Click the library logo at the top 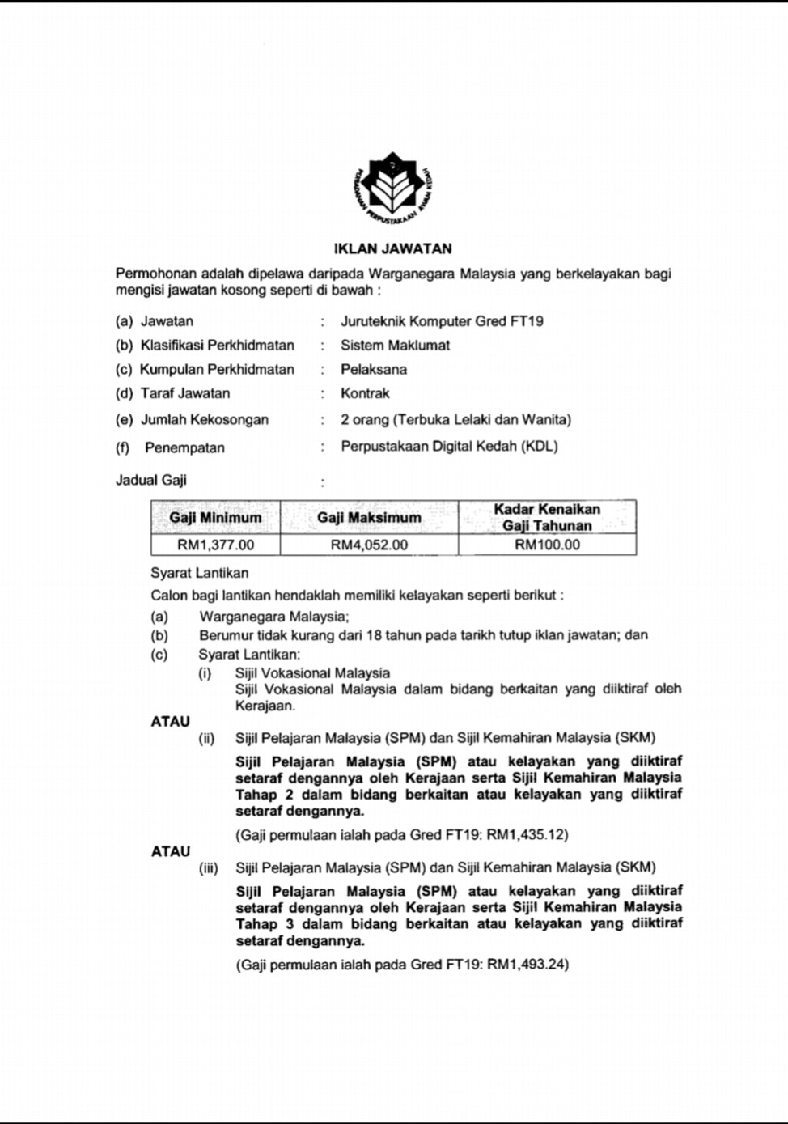click(x=393, y=189)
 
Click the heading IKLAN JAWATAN click(x=393, y=248)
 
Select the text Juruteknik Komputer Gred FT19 click(x=442, y=321)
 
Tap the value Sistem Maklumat click(x=395, y=346)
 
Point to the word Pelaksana click(x=373, y=370)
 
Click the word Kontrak click(x=365, y=394)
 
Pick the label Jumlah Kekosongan click(x=204, y=420)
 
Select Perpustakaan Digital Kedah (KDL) click(x=449, y=447)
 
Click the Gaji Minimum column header click(x=215, y=518)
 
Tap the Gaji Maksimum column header click(x=369, y=518)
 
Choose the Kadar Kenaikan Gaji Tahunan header click(x=547, y=518)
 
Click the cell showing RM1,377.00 click(x=215, y=545)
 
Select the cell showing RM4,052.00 click(x=369, y=545)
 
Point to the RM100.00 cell click(x=547, y=545)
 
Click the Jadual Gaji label click(x=151, y=481)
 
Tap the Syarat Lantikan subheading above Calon click(x=199, y=574)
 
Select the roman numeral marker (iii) click(x=209, y=868)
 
